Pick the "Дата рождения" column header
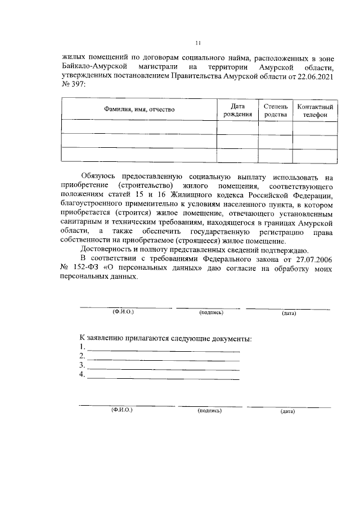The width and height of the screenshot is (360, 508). coord(237,110)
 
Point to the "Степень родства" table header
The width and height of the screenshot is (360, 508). coord(276,110)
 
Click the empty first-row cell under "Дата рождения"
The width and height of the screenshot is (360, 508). coord(237,127)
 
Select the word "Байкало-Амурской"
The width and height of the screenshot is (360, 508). coord(88,67)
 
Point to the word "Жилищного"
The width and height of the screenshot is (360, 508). coord(199,195)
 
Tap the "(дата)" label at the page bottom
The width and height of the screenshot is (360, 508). coord(287,412)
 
